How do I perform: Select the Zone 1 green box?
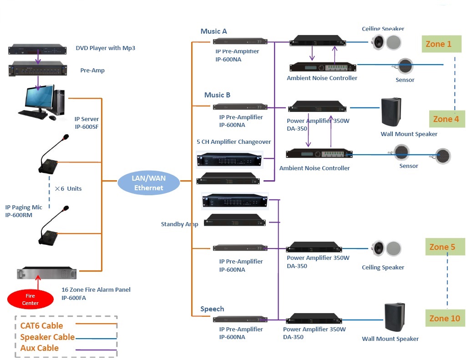pyautogui.click(x=442, y=44)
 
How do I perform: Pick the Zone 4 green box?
pyautogui.click(x=447, y=119)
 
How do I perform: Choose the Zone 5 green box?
pyautogui.click(x=445, y=247)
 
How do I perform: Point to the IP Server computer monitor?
pyautogui.click(x=36, y=99)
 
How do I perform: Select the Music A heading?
pyautogui.click(x=213, y=31)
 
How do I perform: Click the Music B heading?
pyautogui.click(x=217, y=95)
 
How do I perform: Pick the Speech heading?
pyautogui.click(x=212, y=309)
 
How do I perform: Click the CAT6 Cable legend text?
pyautogui.click(x=41, y=326)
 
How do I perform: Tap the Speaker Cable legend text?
pyautogui.click(x=47, y=337)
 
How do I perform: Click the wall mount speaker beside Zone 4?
pyautogui.click(x=391, y=112)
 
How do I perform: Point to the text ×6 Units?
pyautogui.click(x=68, y=188)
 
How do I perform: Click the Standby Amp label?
pyautogui.click(x=179, y=224)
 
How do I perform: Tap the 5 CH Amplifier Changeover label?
pyautogui.click(x=233, y=142)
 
